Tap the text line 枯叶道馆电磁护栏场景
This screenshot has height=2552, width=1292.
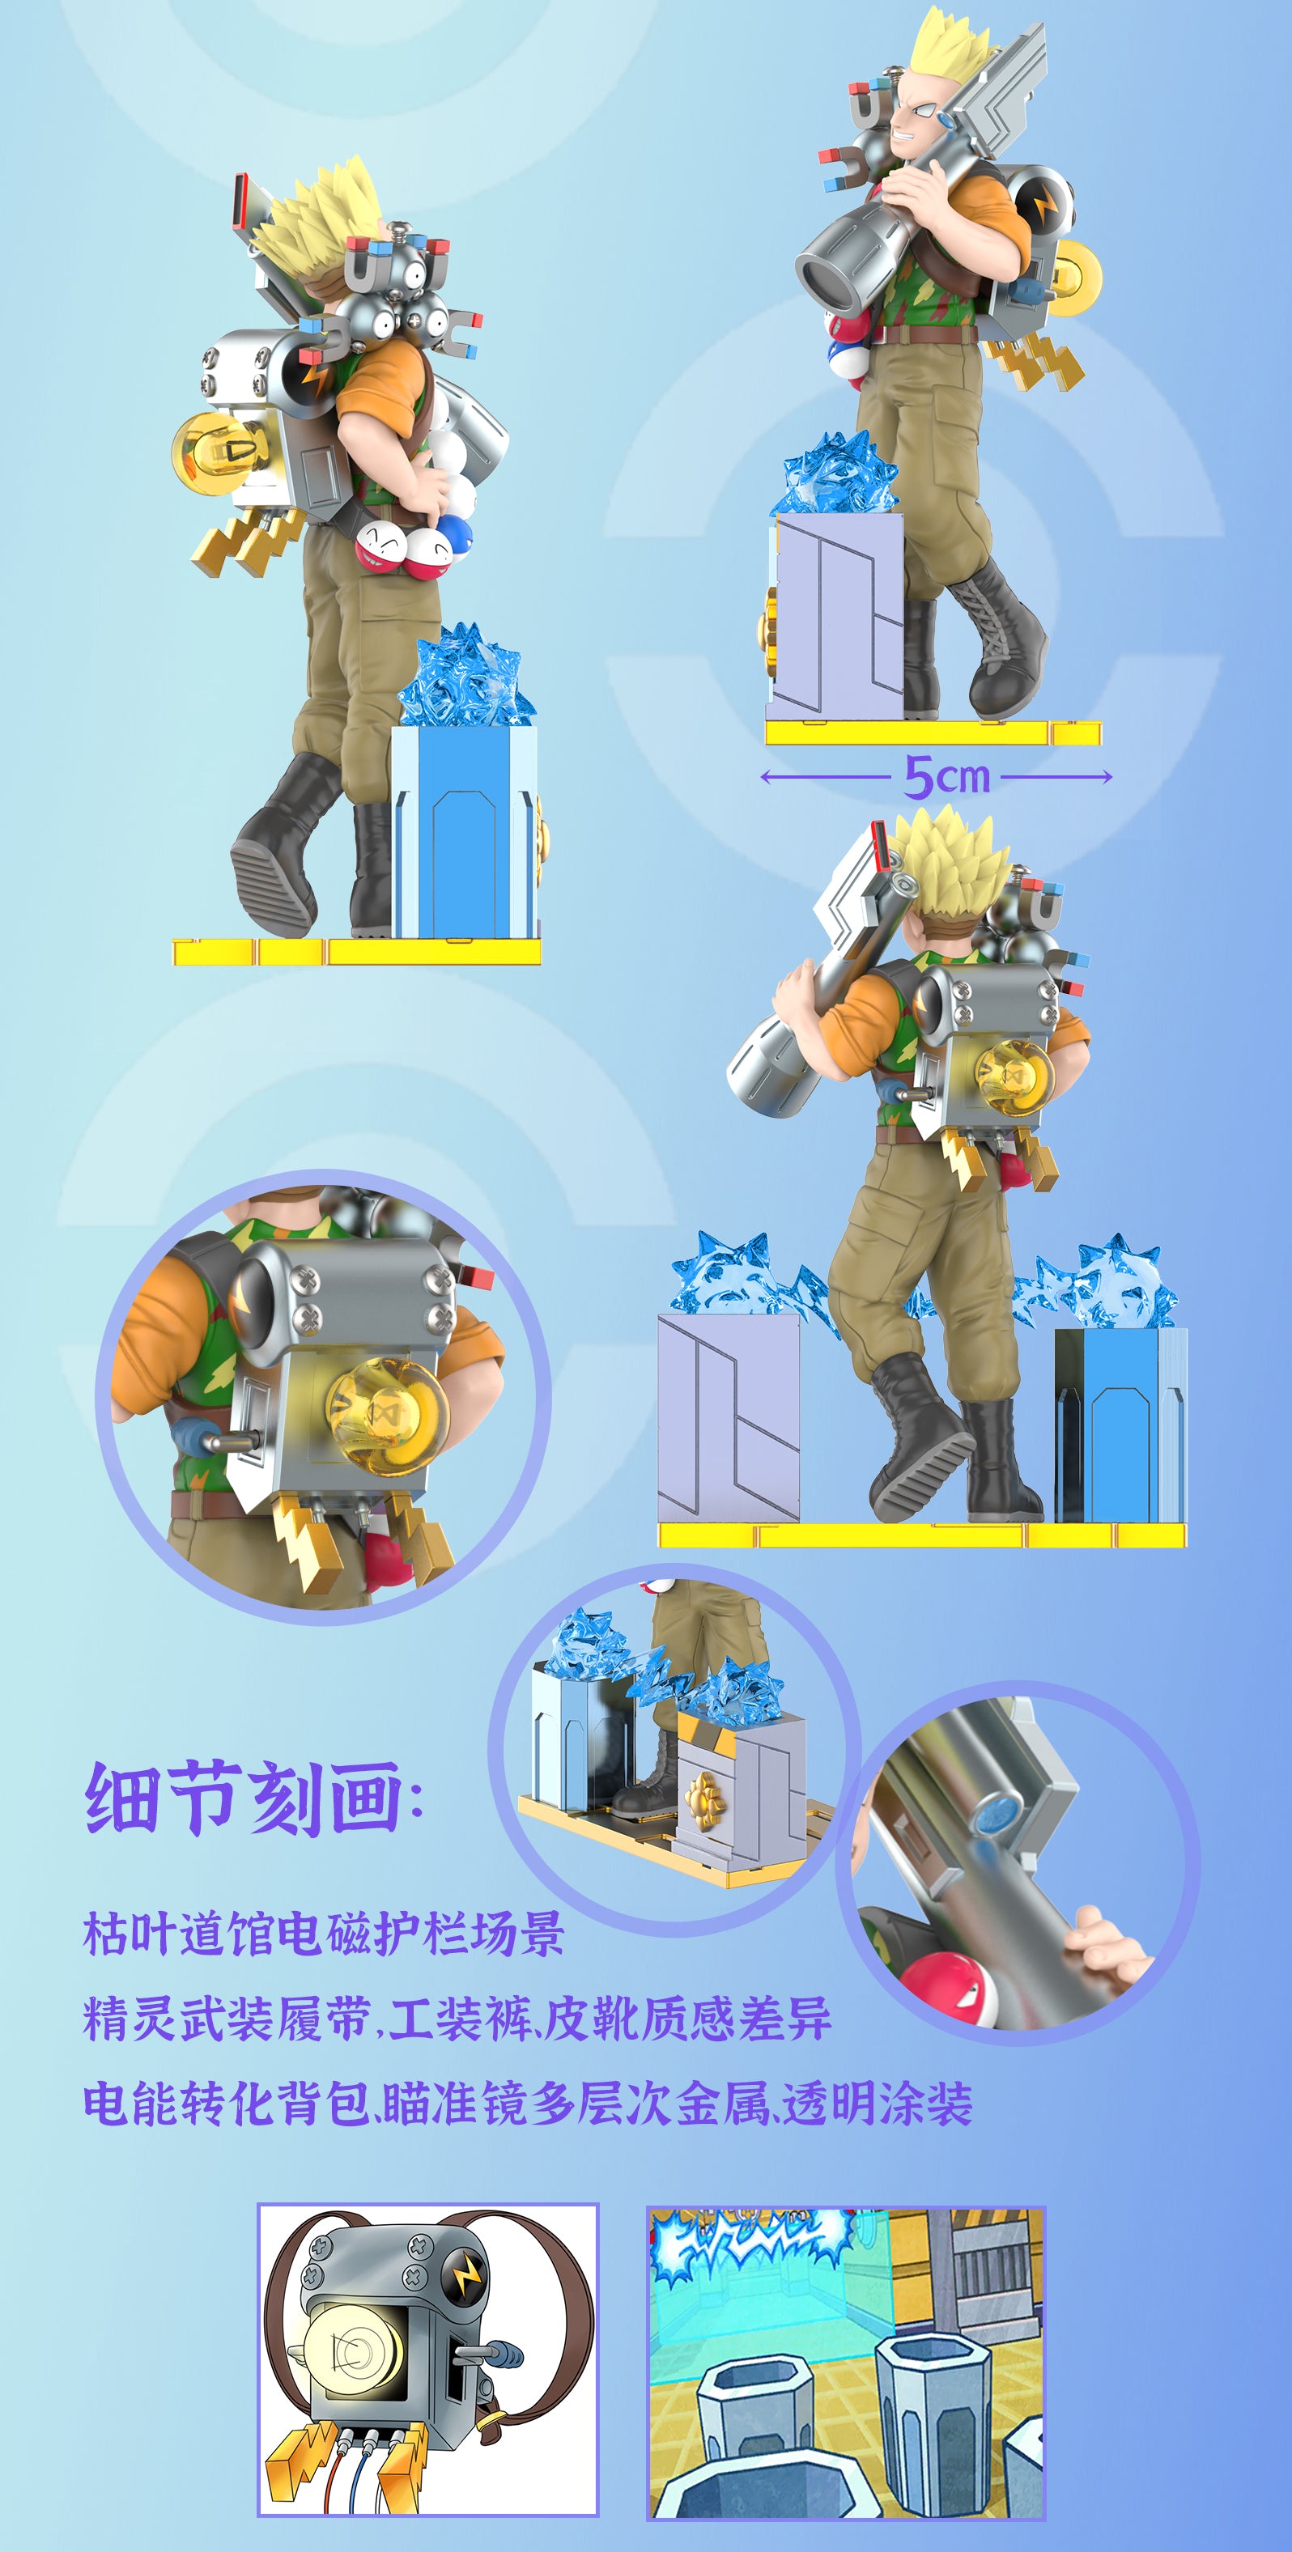[323, 1934]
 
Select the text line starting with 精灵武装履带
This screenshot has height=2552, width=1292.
[457, 2018]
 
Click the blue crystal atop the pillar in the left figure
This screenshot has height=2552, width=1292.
[465, 677]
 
